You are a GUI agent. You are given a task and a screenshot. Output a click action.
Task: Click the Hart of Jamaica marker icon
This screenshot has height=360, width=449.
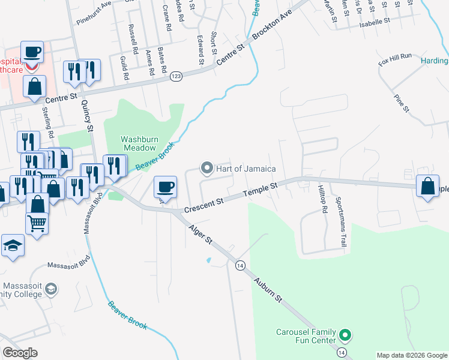pyautogui.click(x=207, y=168)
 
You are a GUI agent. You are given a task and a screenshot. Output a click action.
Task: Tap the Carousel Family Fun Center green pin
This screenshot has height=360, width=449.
pyautogui.click(x=345, y=334)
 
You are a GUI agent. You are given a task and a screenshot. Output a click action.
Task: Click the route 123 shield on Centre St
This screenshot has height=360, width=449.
pyautogui.click(x=176, y=76)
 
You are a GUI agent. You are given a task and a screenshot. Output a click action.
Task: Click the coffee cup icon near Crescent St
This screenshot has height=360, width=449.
pyautogui.click(x=166, y=187)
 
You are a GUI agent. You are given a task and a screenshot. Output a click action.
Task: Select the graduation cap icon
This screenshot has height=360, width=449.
pyautogui.click(x=13, y=246)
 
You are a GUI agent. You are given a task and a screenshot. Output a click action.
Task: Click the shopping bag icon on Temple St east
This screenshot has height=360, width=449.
pyautogui.click(x=428, y=187)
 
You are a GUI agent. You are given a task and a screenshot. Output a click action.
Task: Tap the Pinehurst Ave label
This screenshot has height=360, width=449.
pyautogui.click(x=94, y=13)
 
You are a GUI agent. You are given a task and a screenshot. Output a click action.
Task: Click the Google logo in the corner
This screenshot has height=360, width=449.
pyautogui.click(x=20, y=353)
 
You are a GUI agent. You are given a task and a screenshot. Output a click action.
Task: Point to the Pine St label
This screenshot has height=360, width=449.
pyautogui.click(x=401, y=103)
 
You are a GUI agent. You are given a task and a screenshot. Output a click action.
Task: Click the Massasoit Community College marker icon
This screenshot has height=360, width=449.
pyautogui.click(x=52, y=289)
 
